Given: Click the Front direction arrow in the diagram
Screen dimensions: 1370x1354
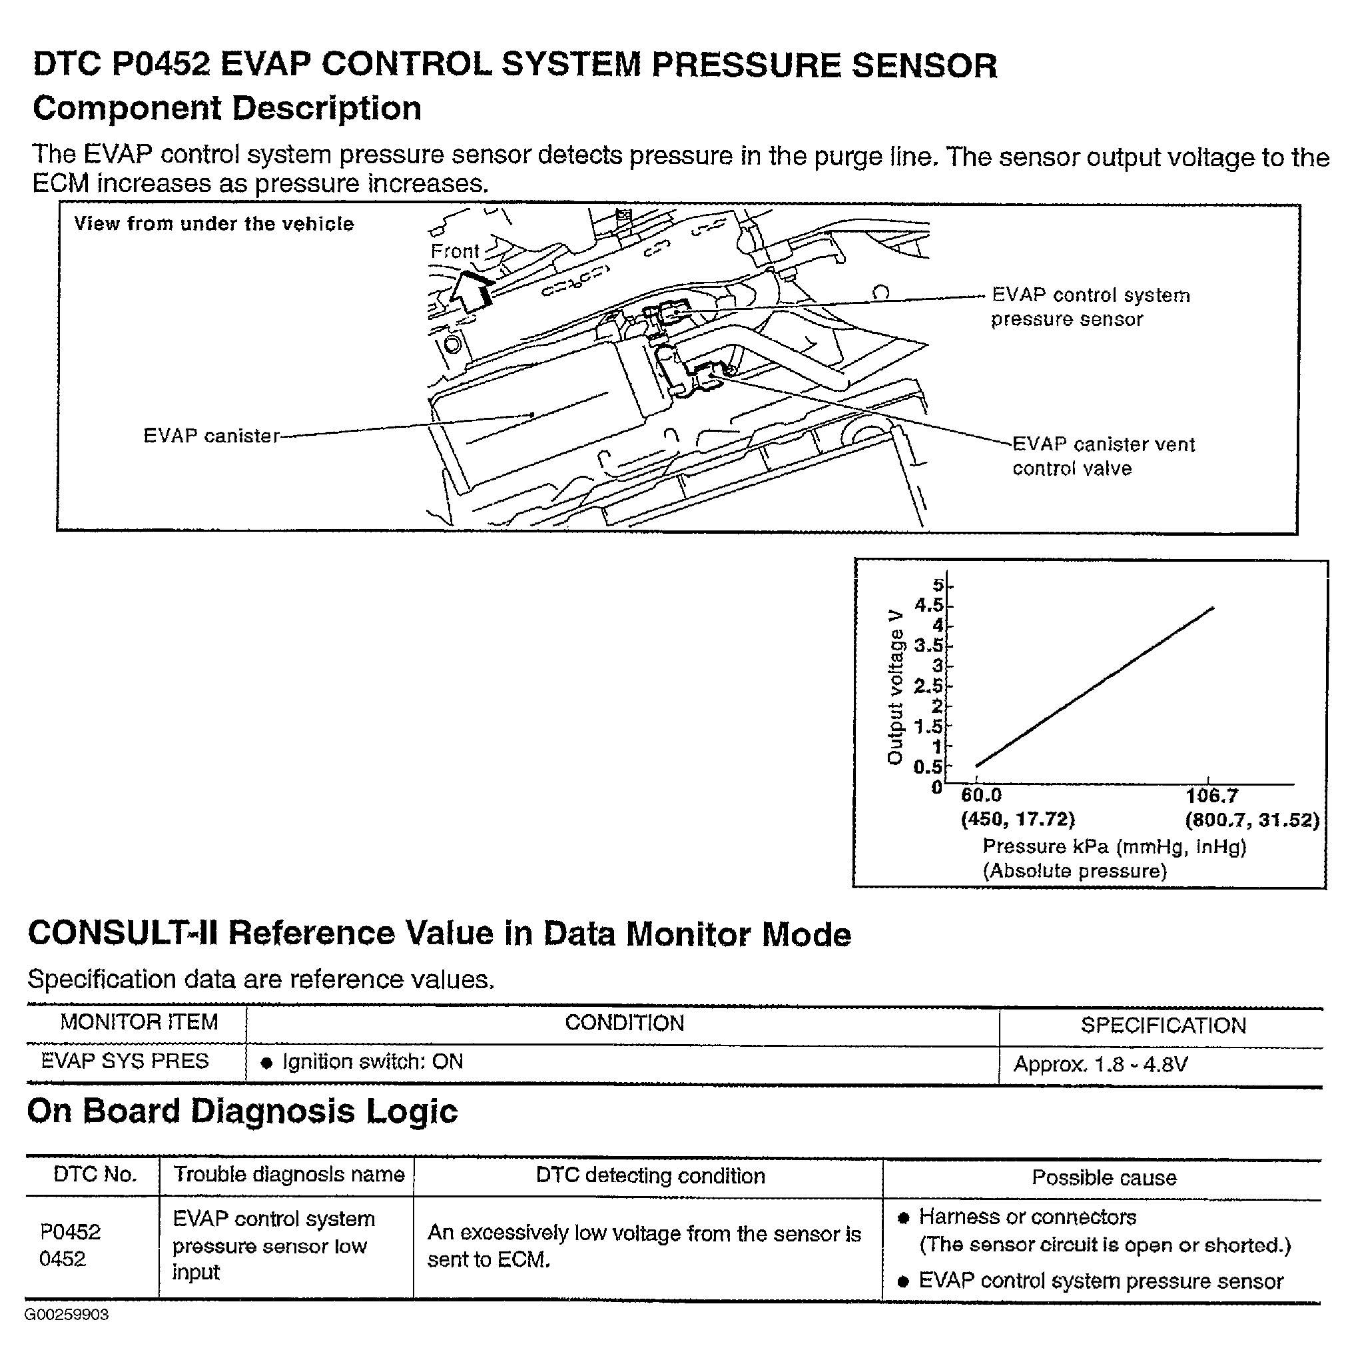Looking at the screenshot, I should tap(470, 291).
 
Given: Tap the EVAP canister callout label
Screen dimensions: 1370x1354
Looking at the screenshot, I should tap(211, 435).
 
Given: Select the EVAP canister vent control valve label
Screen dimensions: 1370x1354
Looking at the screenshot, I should tap(1102, 456).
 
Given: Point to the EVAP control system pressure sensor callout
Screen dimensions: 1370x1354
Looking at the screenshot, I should tap(1090, 307).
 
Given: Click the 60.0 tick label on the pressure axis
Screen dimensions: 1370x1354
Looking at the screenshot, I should tap(981, 796).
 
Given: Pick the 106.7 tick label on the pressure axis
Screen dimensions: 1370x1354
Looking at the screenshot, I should tap(1211, 796).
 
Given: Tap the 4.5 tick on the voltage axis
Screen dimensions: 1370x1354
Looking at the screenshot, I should tap(928, 605).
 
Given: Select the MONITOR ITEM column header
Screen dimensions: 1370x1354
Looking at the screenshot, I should tap(139, 1022).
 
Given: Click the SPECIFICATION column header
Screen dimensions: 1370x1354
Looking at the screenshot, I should tap(1163, 1025).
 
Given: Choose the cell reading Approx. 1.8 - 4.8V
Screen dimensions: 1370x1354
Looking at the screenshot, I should tap(1100, 1063).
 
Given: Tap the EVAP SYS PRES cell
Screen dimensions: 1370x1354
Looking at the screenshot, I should tap(125, 1061).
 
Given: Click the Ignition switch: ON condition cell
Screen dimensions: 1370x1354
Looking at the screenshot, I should tap(372, 1061).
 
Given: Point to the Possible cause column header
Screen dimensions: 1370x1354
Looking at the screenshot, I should tap(1104, 1178).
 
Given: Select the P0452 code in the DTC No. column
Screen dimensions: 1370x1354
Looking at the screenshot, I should tap(70, 1231).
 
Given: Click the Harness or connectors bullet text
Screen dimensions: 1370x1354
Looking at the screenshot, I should tap(1027, 1217).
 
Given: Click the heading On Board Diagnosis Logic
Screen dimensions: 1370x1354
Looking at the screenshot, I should tap(242, 1111).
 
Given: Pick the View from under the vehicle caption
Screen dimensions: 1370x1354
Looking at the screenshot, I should tap(213, 224).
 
